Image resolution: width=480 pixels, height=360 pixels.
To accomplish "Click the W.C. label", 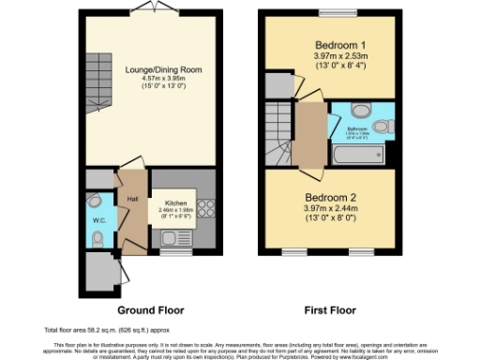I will pyautogui.click(x=98, y=221).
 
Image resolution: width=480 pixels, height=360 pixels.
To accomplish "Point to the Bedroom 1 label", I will pyautogui.click(x=327, y=45).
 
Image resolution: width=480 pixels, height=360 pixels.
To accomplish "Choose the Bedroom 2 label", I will pyautogui.click(x=327, y=197).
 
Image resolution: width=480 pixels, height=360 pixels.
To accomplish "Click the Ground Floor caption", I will pyautogui.click(x=150, y=309).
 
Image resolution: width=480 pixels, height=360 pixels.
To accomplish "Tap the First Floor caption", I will pyautogui.click(x=327, y=309).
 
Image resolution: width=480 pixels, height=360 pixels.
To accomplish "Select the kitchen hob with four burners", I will pyautogui.click(x=207, y=208).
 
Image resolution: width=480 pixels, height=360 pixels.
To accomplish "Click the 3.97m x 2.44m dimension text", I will pyautogui.click(x=327, y=211).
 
